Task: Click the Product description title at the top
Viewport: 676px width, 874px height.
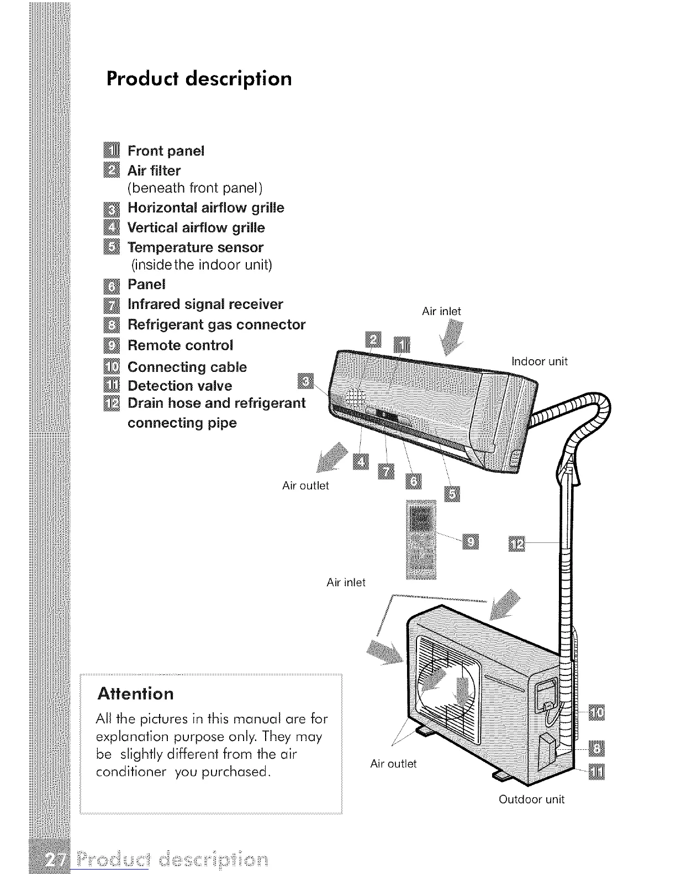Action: click(x=199, y=79)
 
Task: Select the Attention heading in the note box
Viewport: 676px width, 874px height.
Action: click(x=135, y=693)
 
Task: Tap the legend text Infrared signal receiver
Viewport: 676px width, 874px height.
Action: click(x=205, y=305)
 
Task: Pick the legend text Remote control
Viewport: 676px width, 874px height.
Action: click(x=180, y=345)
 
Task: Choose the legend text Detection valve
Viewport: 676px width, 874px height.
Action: click(x=179, y=386)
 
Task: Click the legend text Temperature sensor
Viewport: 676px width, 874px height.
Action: click(x=195, y=247)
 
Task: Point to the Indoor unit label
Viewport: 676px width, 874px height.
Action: click(x=540, y=362)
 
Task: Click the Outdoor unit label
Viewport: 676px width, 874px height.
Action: click(x=531, y=800)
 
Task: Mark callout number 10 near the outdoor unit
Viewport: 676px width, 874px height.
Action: click(x=596, y=713)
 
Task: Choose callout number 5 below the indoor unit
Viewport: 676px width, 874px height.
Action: click(x=451, y=495)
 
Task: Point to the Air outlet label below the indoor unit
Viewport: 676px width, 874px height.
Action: click(x=305, y=486)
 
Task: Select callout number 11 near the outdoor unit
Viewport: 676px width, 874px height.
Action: click(x=596, y=771)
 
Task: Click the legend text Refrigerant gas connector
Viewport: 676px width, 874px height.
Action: click(x=216, y=324)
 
